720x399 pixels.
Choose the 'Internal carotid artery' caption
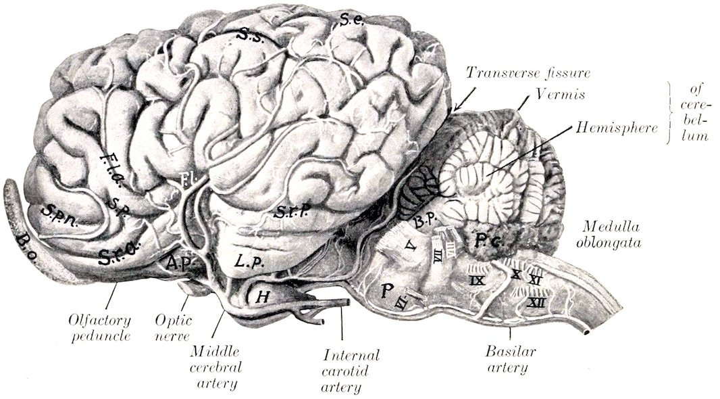pyautogui.click(x=351, y=371)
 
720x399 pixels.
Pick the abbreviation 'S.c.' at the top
pyautogui.click(x=352, y=21)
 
